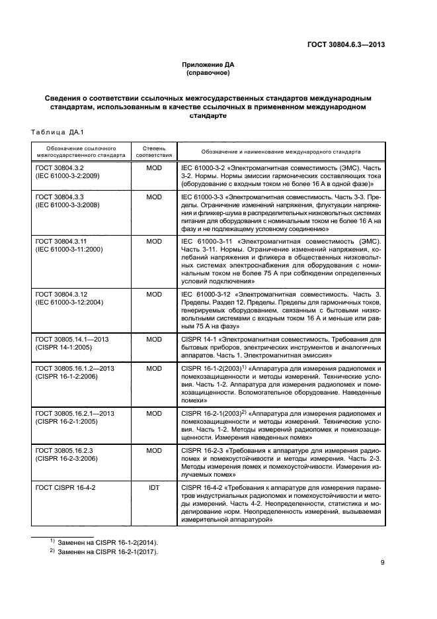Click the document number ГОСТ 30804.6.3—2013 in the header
tap(346, 45)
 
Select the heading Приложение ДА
tap(208, 64)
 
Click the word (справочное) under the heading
tap(208, 73)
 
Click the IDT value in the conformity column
tap(153, 487)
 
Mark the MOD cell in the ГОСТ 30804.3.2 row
tap(153, 169)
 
